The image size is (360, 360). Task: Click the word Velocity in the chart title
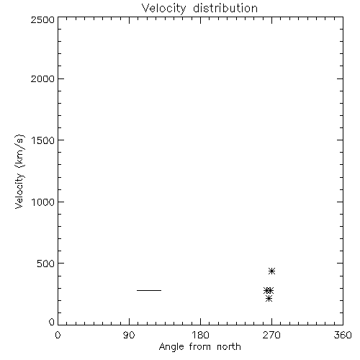point(164,9)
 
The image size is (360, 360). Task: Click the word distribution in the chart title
point(225,8)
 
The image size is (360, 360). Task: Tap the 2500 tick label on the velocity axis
point(42,19)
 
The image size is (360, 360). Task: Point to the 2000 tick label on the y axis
point(42,78)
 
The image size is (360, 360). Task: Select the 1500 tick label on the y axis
point(43,140)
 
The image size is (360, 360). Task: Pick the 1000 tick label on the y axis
point(43,202)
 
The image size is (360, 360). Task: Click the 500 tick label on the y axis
point(46,264)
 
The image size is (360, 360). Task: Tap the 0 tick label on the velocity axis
point(52,322)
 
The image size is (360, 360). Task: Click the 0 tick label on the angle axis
point(58,335)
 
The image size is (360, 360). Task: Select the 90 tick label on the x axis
point(129,335)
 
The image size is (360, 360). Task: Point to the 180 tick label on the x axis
point(200,335)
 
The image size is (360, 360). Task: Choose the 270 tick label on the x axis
point(271,335)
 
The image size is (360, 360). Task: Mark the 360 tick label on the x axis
point(343,335)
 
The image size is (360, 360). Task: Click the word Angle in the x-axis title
point(171,347)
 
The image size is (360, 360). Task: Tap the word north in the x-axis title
point(229,346)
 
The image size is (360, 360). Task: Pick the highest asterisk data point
point(271,271)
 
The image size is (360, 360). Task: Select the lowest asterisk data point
point(269,299)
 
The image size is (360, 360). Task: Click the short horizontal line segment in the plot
point(149,290)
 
